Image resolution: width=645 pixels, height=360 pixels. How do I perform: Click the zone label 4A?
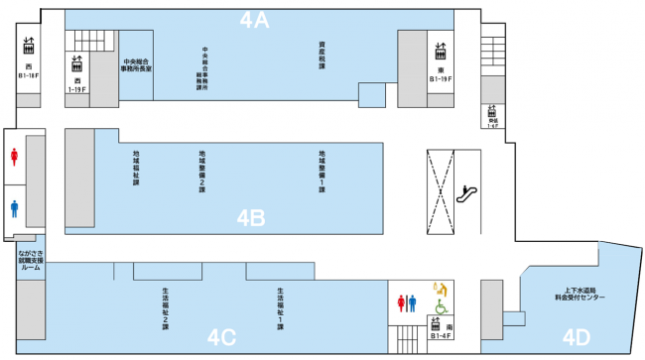pyautogui.click(x=256, y=20)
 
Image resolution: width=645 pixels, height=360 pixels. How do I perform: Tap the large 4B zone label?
pyautogui.click(x=250, y=217)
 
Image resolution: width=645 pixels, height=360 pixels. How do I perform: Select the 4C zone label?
pyautogui.click(x=221, y=337)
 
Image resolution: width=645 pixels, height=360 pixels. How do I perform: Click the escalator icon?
pyautogui.click(x=461, y=194)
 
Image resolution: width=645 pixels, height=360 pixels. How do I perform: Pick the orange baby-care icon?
pyautogui.click(x=438, y=290)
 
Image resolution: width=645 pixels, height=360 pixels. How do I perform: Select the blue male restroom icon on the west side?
pyautogui.click(x=14, y=208)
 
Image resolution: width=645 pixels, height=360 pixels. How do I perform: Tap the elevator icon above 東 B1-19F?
pyautogui.click(x=440, y=49)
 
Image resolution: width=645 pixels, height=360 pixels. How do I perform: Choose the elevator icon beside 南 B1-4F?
pyautogui.click(x=436, y=324)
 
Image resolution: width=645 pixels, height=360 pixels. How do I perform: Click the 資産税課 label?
pyautogui.click(x=322, y=54)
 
